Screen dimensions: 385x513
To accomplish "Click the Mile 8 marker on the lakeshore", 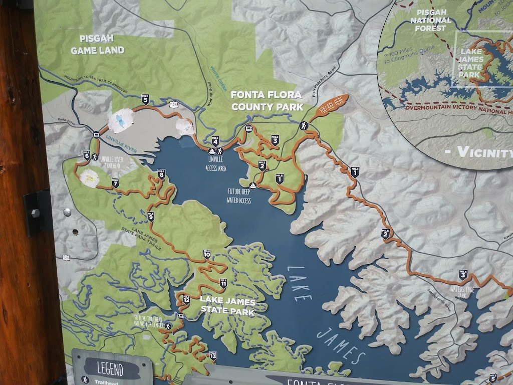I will click(161, 174).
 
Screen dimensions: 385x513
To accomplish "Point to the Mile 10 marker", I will click(207, 254).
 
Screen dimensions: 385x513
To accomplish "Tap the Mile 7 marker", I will click(115, 182).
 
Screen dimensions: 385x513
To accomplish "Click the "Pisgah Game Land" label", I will click(97, 45).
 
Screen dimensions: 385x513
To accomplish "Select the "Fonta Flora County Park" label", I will click(267, 100).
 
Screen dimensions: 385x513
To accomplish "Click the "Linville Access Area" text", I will click(216, 165).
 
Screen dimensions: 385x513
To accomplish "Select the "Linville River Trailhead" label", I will click(115, 161).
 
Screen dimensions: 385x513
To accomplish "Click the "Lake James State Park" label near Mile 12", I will click(227, 306).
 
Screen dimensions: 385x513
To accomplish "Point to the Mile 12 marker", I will click(186, 301).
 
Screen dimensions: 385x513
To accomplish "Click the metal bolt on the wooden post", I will click(36, 213).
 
